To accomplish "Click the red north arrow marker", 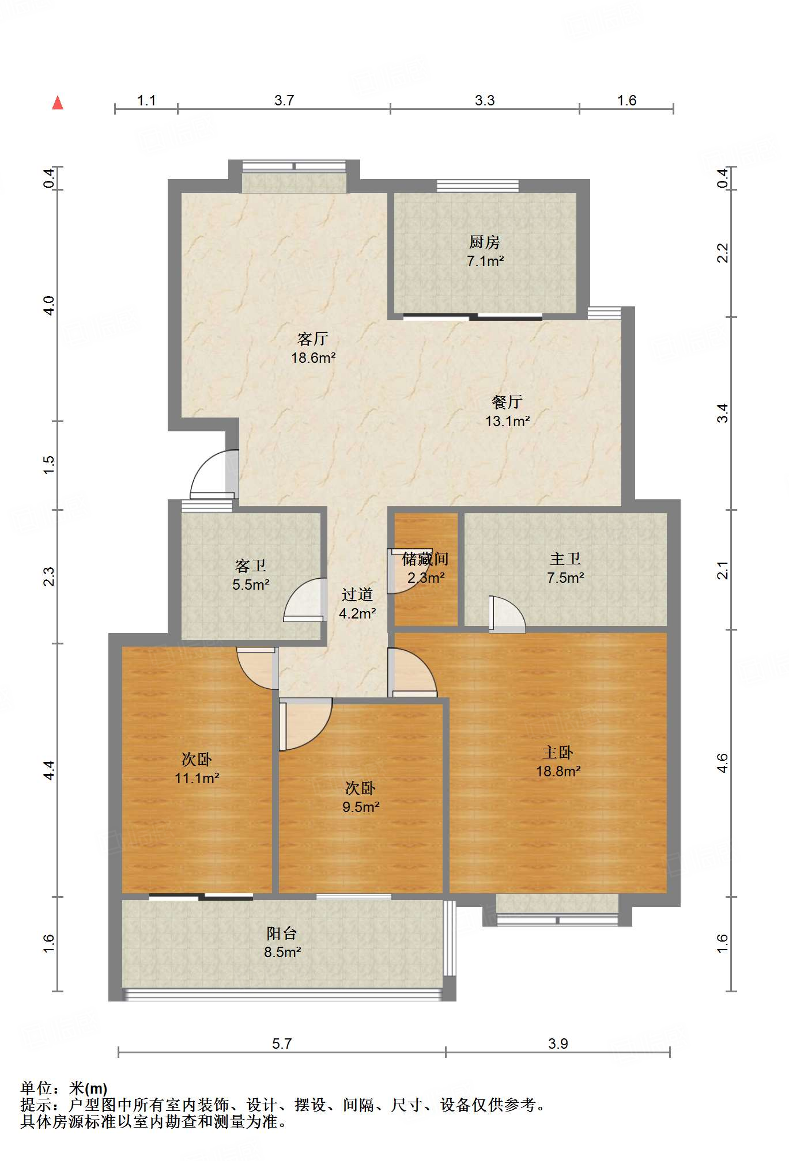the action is pyautogui.click(x=58, y=103).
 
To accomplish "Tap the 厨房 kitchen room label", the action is pyautogui.click(x=484, y=242).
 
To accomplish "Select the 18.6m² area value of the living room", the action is pyautogui.click(x=314, y=358).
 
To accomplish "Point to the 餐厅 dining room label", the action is pyautogui.click(x=507, y=402).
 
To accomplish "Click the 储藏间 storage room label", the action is pyautogui.click(x=425, y=559).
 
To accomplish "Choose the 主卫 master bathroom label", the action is pyautogui.click(x=565, y=559).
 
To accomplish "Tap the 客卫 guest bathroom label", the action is pyautogui.click(x=251, y=566).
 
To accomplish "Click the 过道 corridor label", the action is pyautogui.click(x=357, y=595).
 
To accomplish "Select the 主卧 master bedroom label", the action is pyautogui.click(x=558, y=753).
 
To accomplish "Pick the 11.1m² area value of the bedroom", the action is pyautogui.click(x=197, y=779).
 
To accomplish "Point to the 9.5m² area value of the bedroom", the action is pyautogui.click(x=361, y=807).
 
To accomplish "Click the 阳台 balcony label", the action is pyautogui.click(x=282, y=933).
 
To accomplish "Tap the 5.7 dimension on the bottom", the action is pyautogui.click(x=282, y=1044).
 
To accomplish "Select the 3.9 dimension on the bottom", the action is pyautogui.click(x=558, y=1044).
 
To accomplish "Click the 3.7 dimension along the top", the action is pyautogui.click(x=284, y=100).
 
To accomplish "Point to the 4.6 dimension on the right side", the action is pyautogui.click(x=723, y=763).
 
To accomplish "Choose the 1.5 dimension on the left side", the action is pyautogui.click(x=49, y=465).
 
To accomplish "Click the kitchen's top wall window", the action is pyautogui.click(x=478, y=185).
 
